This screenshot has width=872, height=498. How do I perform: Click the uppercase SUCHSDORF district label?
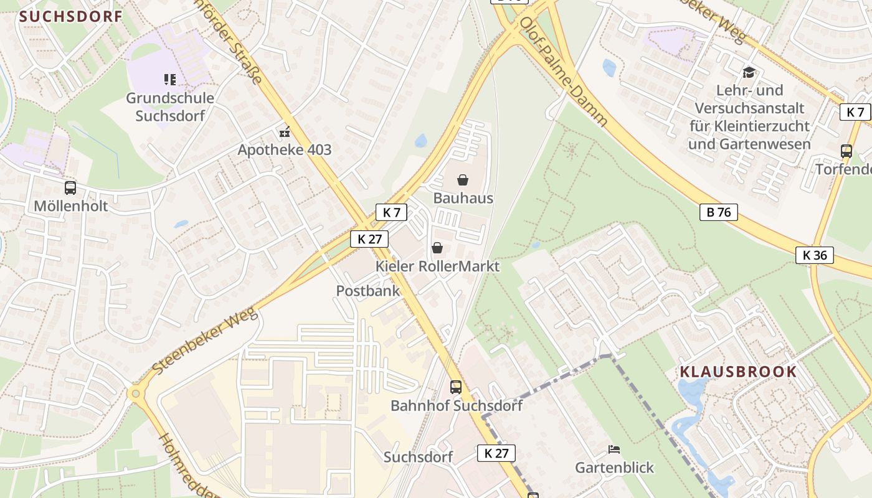click(71, 16)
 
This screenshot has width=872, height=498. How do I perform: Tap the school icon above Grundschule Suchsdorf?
click(170, 79)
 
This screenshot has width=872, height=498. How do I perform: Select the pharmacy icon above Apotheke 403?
click(285, 132)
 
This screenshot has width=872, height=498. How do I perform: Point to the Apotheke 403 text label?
click(285, 150)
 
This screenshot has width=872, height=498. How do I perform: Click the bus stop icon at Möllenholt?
click(70, 188)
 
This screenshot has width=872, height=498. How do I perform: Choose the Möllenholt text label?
click(70, 206)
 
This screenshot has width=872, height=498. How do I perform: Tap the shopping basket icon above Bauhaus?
click(463, 181)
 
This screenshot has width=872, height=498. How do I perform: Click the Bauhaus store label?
click(463, 199)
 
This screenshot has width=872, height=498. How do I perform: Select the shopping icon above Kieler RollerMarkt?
click(437, 248)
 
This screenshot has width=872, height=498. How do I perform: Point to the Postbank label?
click(368, 291)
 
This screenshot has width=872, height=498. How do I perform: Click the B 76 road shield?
click(719, 212)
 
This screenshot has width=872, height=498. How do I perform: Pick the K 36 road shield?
click(814, 255)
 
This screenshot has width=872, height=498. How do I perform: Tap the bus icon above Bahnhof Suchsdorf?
click(456, 387)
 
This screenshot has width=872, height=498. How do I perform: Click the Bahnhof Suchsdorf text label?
click(456, 406)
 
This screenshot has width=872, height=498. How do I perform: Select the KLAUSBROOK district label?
click(738, 372)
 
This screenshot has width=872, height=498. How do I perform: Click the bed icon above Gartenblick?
click(614, 449)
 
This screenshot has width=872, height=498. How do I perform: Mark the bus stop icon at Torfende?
click(846, 151)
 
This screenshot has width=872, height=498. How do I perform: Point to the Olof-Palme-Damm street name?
click(563, 71)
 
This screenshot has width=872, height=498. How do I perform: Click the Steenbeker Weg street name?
click(205, 341)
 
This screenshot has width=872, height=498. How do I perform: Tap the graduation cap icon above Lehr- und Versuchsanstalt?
click(749, 72)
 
